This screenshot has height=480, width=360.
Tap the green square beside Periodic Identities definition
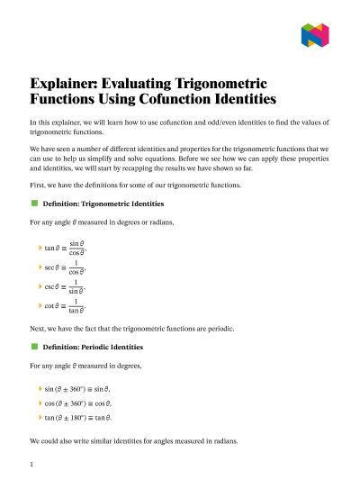pos(34,347)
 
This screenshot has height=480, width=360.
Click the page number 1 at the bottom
pos(31,465)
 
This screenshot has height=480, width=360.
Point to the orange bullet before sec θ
pos(40,267)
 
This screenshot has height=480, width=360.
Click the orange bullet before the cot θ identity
pos(40,308)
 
